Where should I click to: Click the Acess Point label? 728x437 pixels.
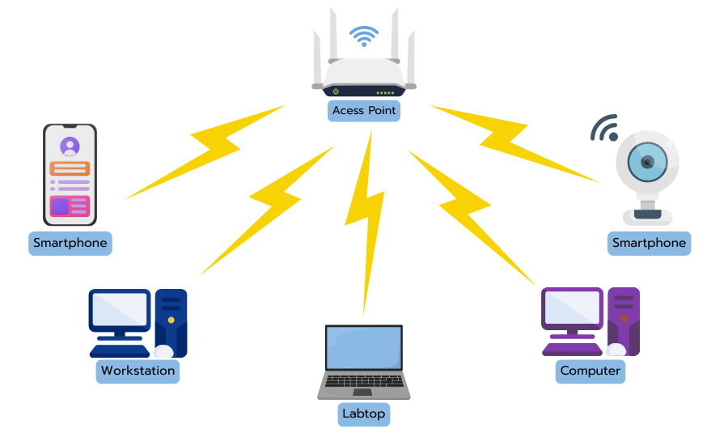364,111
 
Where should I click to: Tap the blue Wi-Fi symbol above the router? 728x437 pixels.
363,36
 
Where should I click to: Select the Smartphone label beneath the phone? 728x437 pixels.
70,243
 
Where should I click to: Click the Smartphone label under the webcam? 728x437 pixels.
649,243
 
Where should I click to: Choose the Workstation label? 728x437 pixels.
138,371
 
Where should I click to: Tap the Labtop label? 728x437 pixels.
364,415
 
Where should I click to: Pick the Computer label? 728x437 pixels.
590,371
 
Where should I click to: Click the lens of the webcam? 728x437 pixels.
648,162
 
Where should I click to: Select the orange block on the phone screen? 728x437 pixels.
70,168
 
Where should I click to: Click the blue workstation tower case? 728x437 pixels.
171,321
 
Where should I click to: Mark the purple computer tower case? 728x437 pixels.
624,321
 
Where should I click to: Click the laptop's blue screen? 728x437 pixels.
364,348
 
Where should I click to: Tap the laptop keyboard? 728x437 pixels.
364,381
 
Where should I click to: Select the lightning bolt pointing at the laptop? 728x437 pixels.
366,218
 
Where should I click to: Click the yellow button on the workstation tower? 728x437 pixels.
171,320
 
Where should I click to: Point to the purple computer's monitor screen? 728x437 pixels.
572,308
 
